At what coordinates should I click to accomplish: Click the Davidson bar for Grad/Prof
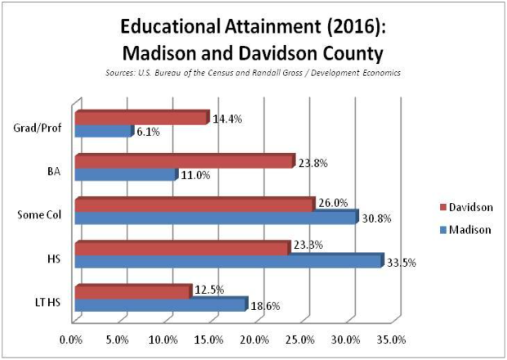(141, 118)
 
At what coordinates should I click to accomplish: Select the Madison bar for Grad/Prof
(102, 131)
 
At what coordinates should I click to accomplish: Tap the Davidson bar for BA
(182, 162)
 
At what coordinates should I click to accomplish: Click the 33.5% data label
(402, 263)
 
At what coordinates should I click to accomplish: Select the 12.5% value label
(209, 290)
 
